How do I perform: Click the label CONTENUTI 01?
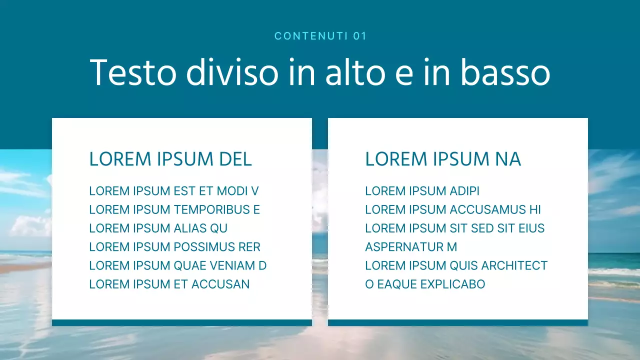[320, 36]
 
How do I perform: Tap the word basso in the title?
[505, 72]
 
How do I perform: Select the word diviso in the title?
[232, 72]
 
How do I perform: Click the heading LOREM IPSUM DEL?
[170, 159]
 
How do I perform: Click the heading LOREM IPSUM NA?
[443, 159]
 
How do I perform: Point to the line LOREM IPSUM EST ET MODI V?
[173, 191]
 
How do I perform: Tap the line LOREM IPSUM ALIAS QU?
[158, 228]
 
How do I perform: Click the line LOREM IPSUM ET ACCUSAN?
[169, 284]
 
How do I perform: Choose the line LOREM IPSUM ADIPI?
[422, 191]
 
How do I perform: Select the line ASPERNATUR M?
[411, 247]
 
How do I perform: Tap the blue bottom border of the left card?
[182, 322]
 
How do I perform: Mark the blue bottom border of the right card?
[458, 322]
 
